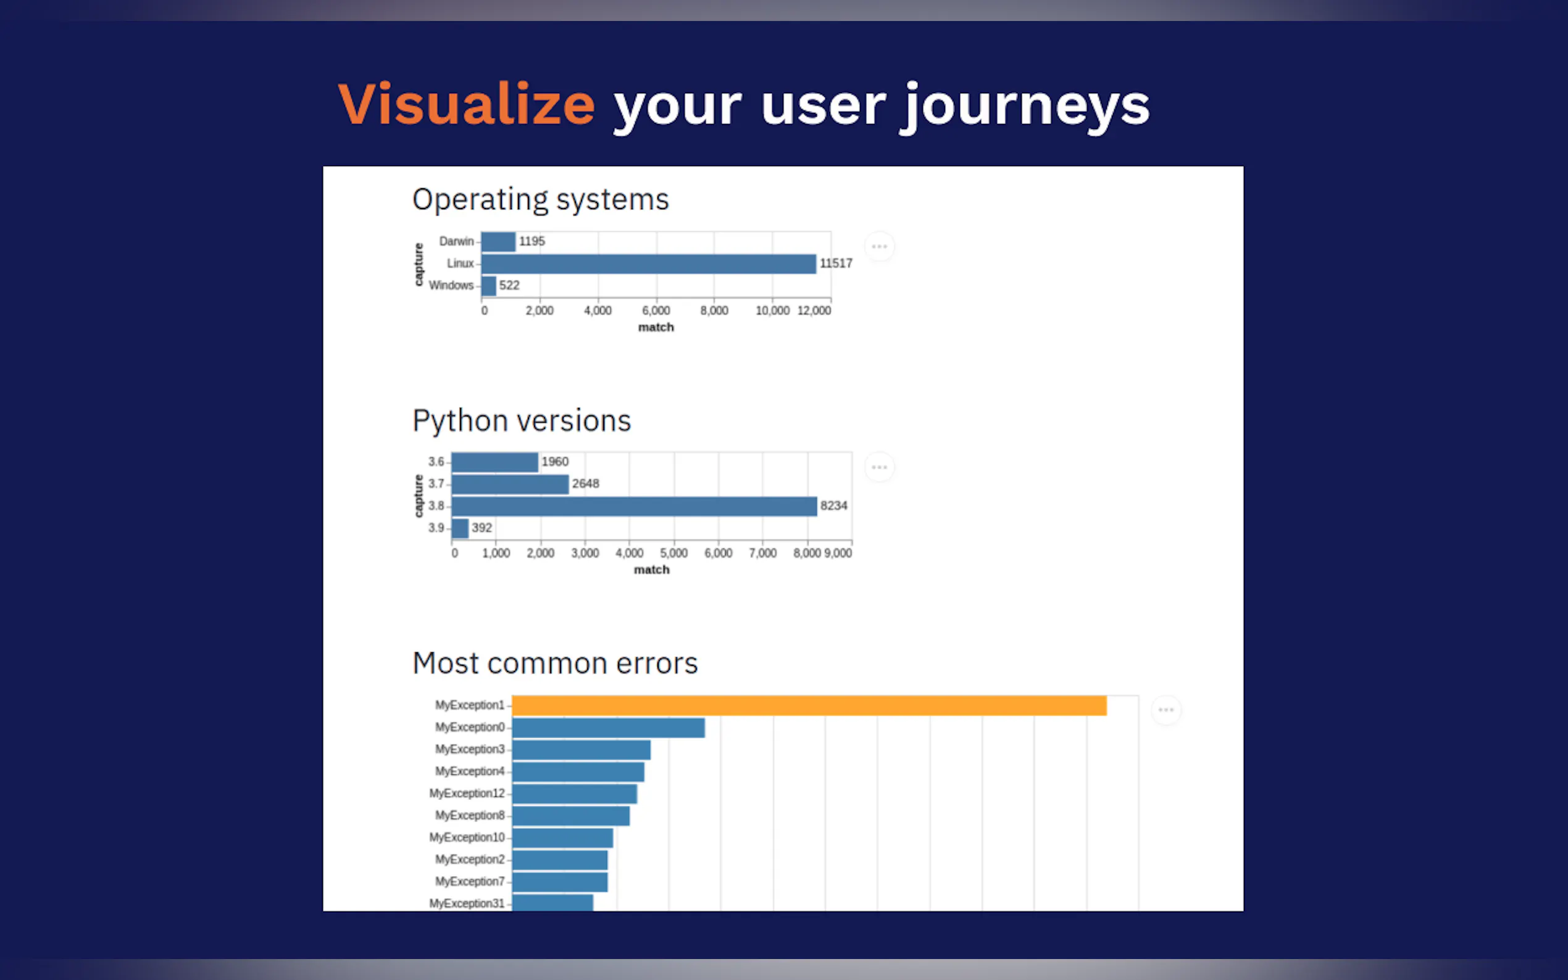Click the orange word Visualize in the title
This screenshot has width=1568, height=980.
click(466, 104)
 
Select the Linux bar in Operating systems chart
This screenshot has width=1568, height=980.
click(648, 264)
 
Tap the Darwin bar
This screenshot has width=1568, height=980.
click(498, 242)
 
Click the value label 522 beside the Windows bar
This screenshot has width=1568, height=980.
click(509, 285)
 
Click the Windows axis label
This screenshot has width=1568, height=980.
click(451, 285)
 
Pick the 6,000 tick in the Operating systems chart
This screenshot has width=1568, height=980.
click(656, 310)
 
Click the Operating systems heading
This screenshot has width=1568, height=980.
click(541, 199)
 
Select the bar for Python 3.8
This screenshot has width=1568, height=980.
click(635, 506)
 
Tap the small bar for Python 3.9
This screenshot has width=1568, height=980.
click(461, 528)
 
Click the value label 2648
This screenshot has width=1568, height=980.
click(585, 483)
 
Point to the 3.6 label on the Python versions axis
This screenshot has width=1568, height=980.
click(436, 462)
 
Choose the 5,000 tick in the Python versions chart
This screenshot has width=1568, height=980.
click(673, 553)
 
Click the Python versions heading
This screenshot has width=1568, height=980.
click(522, 421)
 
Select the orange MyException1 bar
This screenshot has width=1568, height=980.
click(809, 706)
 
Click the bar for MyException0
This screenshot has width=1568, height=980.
click(608, 728)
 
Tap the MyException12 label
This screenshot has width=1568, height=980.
click(467, 794)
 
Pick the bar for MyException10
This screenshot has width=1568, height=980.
click(562, 838)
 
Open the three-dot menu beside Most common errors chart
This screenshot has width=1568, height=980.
click(1166, 710)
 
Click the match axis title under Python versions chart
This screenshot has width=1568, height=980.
click(651, 570)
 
